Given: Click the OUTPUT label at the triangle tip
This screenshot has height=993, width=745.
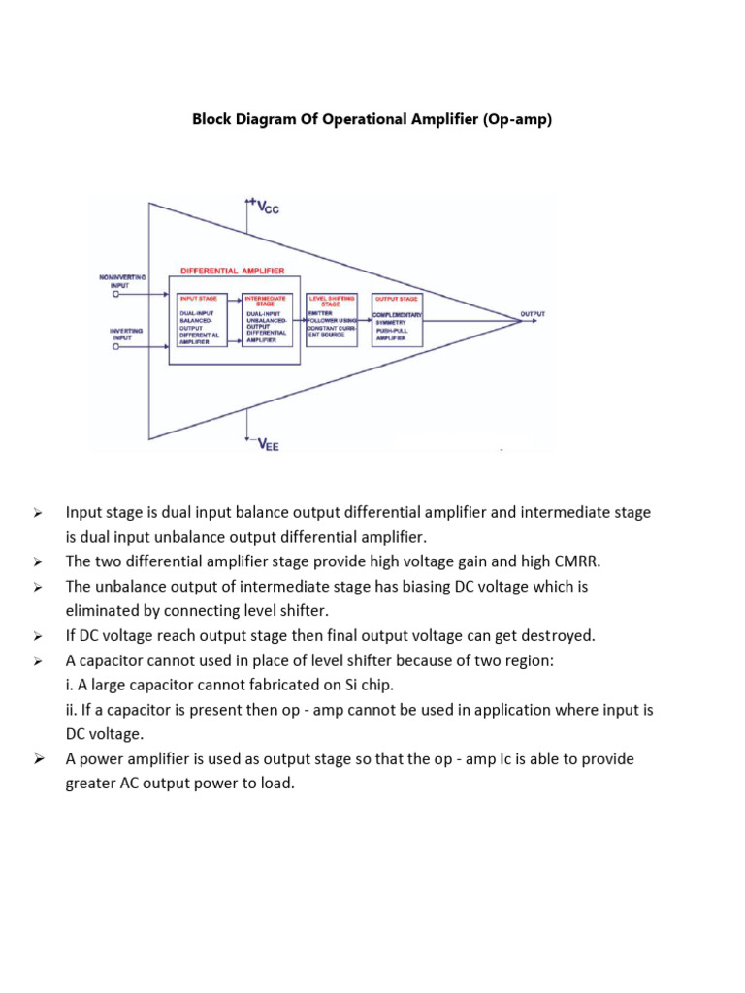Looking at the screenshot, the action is pos(533,314).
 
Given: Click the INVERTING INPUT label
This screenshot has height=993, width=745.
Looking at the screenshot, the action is pos(126,335).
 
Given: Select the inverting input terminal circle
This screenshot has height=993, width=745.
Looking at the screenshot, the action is pos(116,348).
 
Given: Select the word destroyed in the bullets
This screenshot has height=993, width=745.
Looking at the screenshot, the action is pos(555,636).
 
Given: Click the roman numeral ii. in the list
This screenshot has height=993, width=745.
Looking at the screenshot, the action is pos(72,710).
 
